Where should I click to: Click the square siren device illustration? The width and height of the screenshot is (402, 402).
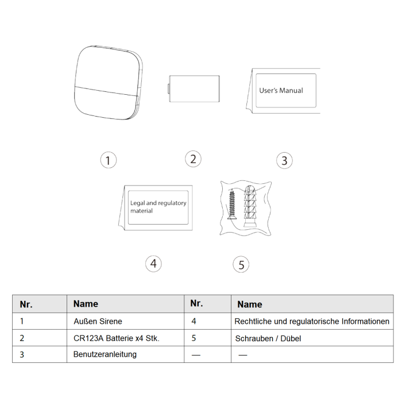coord(108,83)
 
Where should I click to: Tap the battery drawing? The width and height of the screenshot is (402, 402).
coord(194,88)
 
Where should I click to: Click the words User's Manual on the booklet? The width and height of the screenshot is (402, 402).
coord(281,91)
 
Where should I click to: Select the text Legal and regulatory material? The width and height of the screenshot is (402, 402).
coord(158,207)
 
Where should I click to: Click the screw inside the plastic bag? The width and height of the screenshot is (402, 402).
coord(232,204)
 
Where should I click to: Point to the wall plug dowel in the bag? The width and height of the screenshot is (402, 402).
coord(250,206)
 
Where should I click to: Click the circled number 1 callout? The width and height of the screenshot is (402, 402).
coord(108,160)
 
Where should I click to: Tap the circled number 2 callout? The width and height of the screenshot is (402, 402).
coord(193,159)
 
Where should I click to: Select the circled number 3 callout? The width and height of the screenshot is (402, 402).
coord(284,160)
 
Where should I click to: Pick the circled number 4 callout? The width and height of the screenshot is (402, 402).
coord(153,264)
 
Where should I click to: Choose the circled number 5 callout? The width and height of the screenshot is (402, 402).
coord(241,265)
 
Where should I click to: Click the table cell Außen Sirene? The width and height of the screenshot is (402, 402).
coord(98,321)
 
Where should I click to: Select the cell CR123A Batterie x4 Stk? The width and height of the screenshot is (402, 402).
coord(117,338)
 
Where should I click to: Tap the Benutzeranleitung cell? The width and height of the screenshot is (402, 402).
coord(105,354)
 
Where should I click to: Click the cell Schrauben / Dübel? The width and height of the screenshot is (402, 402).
coord(268,338)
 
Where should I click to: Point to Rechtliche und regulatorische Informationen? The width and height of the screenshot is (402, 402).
coord(312,321)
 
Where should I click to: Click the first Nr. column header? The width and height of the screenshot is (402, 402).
coord(26,304)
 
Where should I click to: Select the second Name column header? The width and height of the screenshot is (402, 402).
coord(250,304)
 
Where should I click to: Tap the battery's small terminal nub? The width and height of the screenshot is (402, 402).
coord(168,88)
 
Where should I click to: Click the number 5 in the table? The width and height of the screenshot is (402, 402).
coord(194,338)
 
